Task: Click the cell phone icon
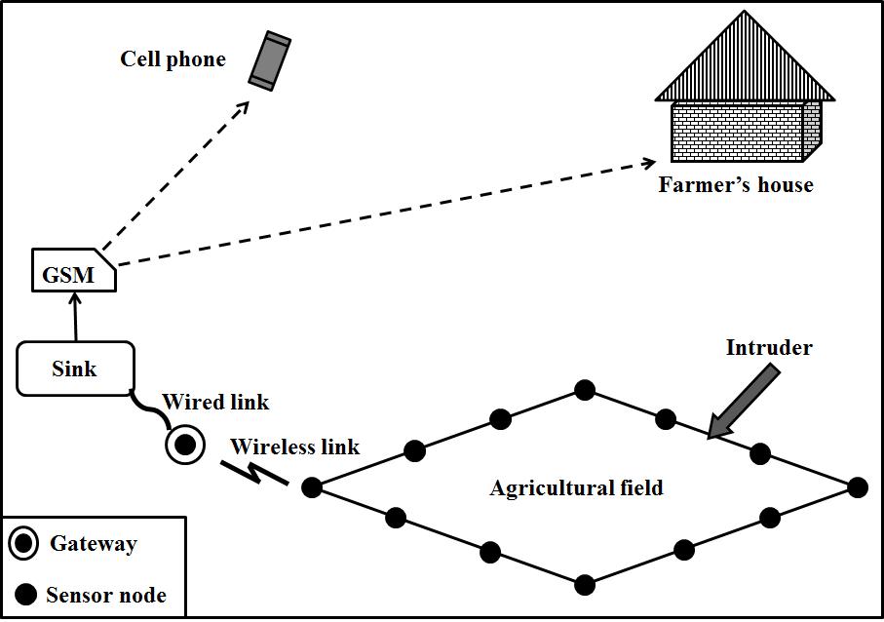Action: click(270, 60)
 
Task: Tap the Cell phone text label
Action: click(173, 59)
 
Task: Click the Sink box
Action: click(75, 369)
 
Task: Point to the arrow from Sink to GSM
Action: click(73, 316)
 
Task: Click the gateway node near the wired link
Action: click(184, 446)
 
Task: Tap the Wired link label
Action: click(215, 402)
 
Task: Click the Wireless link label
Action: click(294, 447)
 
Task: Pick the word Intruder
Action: click(769, 347)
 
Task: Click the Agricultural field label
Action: click(576, 487)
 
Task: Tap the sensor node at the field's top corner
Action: click(585, 390)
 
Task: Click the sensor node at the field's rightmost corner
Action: click(857, 487)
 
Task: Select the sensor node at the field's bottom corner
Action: click(585, 585)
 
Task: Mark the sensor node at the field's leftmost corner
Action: click(312, 487)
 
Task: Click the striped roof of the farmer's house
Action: click(746, 60)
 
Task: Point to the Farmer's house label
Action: click(736, 184)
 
